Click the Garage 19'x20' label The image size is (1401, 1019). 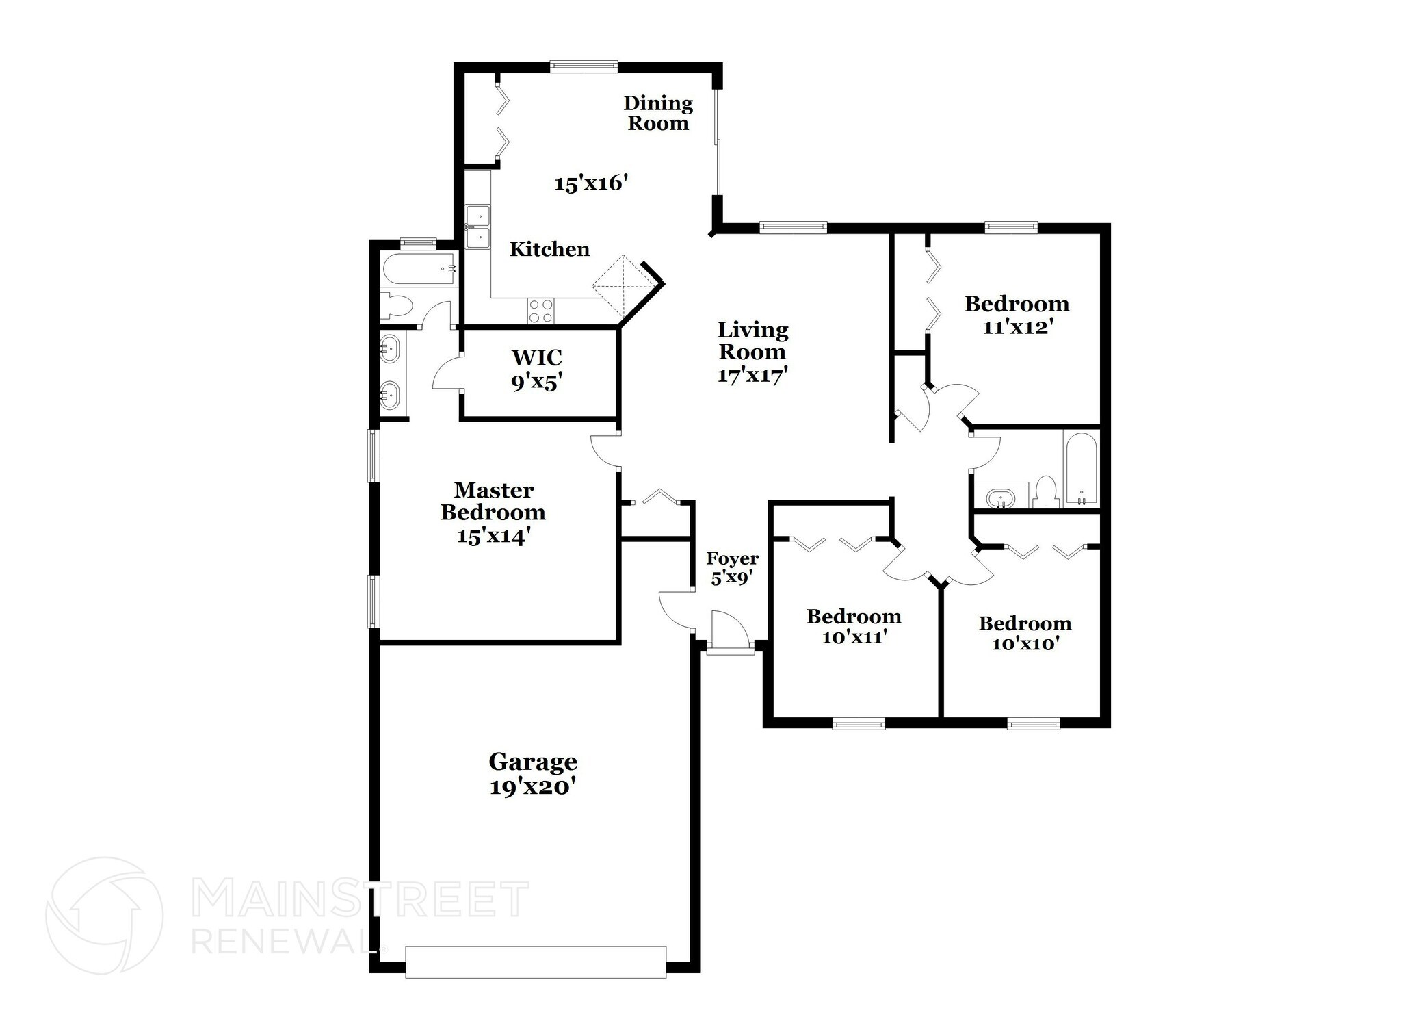coord(532,774)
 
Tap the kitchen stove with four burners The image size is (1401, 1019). coord(540,311)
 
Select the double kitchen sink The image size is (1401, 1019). coord(477,227)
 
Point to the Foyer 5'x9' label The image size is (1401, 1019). coord(732,568)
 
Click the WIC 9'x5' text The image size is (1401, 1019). coord(537,370)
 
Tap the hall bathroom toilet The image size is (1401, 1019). coord(1045,492)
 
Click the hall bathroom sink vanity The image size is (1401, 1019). coord(1001,496)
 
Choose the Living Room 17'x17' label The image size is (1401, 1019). coord(752,352)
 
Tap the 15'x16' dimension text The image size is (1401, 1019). coord(591,183)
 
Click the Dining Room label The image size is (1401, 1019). coord(658,113)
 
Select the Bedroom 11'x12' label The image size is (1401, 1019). coord(1017,315)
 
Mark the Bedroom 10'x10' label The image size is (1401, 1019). coord(1025,633)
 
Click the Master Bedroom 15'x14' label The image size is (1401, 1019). coord(493,513)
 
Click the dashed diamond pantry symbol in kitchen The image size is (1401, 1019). coord(623,285)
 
